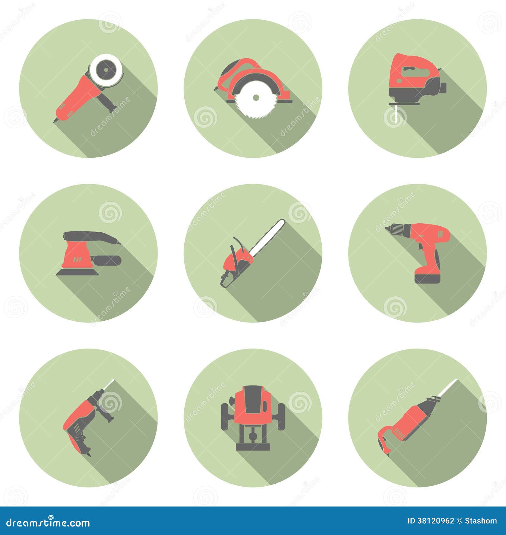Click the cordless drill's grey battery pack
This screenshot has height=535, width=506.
[x=427, y=278]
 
